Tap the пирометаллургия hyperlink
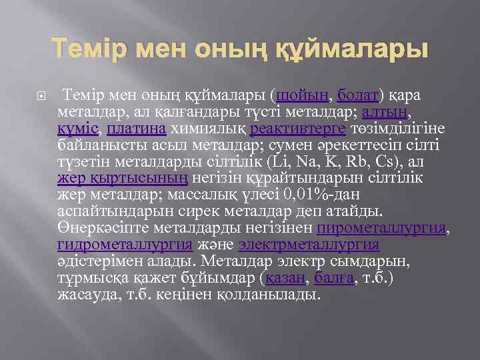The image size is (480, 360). click(381, 228)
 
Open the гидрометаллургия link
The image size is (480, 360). click(125, 245)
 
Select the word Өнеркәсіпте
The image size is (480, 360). click(100, 228)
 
